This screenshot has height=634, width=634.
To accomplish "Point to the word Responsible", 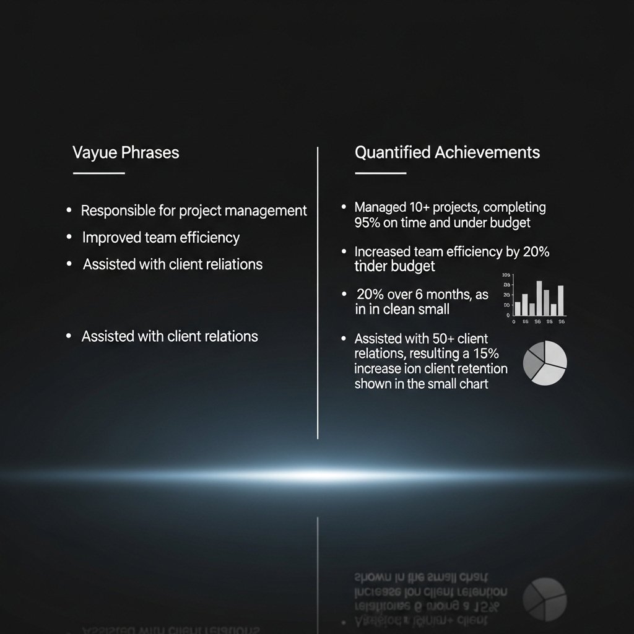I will tap(118, 211).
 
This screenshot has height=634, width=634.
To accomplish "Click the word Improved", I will tap(111, 238).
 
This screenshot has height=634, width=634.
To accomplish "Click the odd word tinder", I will tap(370, 267).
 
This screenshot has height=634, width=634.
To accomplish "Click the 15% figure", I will tap(485, 354).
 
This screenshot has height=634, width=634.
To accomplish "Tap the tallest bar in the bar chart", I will tap(539, 298).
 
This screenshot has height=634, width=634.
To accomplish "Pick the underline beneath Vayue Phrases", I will tap(98, 173).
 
